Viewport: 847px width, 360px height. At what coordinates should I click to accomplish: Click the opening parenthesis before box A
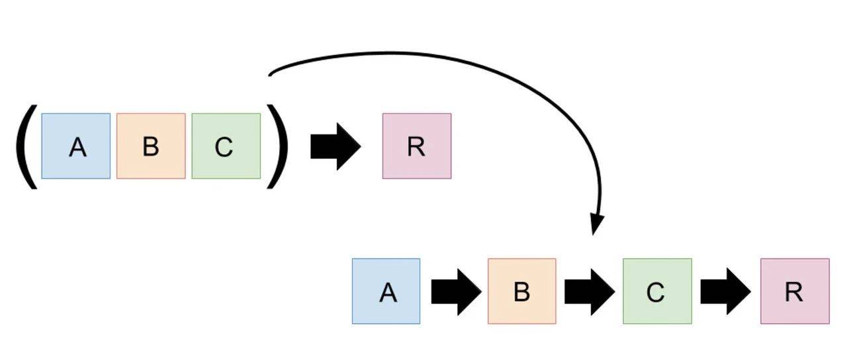[x=25, y=146]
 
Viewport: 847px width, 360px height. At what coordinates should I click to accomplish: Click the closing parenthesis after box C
[x=277, y=146]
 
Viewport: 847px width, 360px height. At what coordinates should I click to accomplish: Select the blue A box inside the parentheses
[x=76, y=146]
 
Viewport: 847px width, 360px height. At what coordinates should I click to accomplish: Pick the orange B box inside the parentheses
[x=151, y=146]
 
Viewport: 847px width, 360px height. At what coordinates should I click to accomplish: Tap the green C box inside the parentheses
[x=226, y=146]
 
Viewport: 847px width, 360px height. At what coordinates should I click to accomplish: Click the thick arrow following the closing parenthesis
[x=335, y=146]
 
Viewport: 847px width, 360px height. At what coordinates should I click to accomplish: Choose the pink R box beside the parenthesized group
[x=417, y=146]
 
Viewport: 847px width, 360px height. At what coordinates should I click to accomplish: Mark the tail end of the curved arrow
[x=270, y=74]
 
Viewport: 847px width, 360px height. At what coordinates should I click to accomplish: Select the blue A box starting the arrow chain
[x=386, y=291]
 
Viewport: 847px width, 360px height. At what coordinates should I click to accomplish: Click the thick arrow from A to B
[x=455, y=291]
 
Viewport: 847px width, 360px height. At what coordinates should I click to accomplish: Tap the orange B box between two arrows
[x=522, y=291]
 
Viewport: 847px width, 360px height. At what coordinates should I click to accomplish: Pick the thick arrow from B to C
[x=589, y=291]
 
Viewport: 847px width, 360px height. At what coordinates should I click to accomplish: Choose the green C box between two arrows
[x=657, y=291]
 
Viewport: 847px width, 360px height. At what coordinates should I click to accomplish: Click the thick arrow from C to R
[x=725, y=291]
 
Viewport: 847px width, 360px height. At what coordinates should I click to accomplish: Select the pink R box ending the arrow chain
[x=795, y=291]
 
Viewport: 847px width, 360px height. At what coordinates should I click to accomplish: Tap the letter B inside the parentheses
[x=151, y=147]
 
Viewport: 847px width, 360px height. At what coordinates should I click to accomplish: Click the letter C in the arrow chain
[x=655, y=292]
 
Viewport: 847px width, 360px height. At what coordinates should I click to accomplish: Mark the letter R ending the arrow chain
[x=793, y=292]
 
